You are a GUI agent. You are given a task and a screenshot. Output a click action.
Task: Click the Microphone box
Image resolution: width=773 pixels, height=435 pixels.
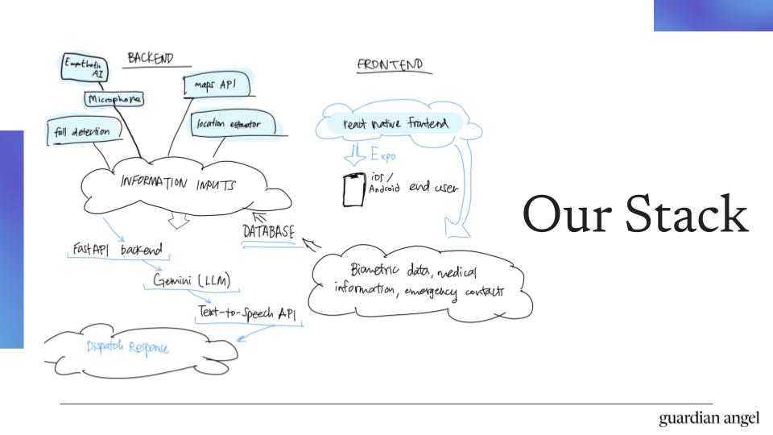point(114,99)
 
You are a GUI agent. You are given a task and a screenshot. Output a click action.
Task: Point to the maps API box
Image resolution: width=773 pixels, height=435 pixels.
point(216,85)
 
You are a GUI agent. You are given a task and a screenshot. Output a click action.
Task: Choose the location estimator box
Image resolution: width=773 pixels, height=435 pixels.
point(233,125)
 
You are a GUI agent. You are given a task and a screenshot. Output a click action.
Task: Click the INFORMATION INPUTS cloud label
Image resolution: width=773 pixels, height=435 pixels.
point(179,183)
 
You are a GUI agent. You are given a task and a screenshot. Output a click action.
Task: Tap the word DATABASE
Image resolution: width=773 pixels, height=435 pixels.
point(268,231)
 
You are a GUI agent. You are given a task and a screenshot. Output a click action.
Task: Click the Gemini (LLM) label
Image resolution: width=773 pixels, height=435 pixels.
point(192,280)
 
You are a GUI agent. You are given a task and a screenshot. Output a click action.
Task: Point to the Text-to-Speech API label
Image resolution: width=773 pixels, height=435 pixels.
point(249,311)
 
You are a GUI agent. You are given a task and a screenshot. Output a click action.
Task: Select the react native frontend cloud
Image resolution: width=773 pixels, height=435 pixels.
point(395,124)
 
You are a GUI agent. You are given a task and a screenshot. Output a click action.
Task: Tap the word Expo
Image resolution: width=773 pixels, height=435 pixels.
point(382,155)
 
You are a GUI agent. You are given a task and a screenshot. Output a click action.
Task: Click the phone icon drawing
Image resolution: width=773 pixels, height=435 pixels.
point(353,189)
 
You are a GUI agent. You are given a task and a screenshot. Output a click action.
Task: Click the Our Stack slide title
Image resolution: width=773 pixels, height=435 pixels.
point(635,215)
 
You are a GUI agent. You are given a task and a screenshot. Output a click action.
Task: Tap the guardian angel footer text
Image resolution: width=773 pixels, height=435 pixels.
point(709,418)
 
